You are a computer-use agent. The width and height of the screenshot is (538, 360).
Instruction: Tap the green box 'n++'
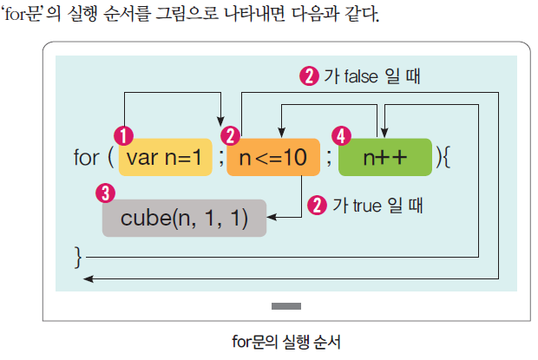tap(384, 158)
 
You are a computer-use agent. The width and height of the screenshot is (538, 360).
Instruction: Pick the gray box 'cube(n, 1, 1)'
tap(185, 218)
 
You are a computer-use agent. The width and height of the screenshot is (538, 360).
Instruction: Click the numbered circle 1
tap(125, 136)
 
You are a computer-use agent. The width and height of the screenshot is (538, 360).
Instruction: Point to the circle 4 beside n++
tap(343, 136)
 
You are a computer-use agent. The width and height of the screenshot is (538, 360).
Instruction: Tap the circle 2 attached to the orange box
tap(231, 136)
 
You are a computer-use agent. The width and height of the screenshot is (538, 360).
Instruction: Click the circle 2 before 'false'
tap(308, 75)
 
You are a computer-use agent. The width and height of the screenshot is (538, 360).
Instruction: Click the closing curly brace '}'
tap(78, 256)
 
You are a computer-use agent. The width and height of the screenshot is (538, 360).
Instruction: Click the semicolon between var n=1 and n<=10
tap(220, 159)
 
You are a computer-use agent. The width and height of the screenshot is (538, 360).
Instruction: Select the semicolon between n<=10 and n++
tap(328, 159)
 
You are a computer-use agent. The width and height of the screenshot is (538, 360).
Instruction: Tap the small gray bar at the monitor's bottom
tap(286, 306)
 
